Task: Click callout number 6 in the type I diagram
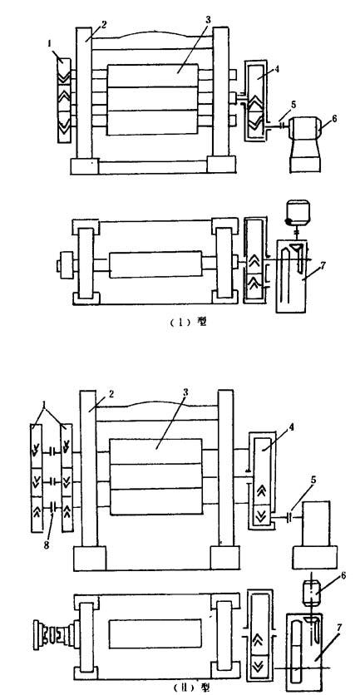click(334, 118)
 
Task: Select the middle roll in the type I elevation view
click(153, 99)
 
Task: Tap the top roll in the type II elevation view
click(156, 451)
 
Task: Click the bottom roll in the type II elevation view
click(156, 502)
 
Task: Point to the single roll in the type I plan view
click(154, 265)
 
